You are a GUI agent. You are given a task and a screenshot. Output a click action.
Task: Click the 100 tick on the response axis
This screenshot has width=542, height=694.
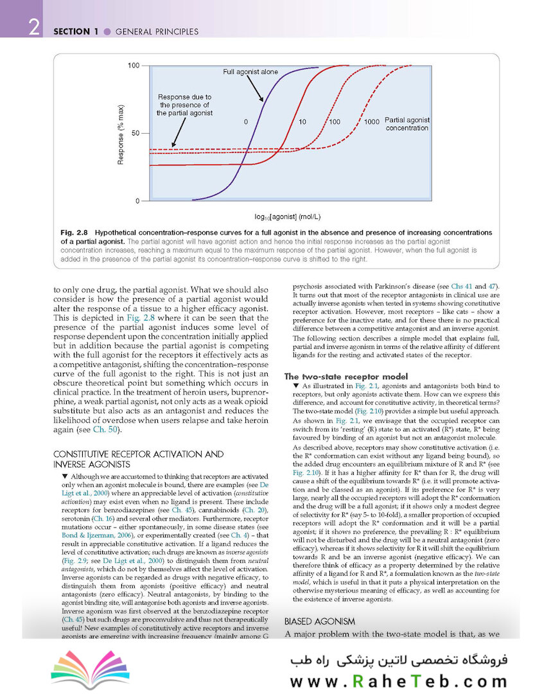coord(134,66)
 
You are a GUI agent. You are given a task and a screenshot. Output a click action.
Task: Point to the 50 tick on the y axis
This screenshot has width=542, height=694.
coord(135,133)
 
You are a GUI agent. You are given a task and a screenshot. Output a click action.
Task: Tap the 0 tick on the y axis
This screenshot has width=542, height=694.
coord(137,201)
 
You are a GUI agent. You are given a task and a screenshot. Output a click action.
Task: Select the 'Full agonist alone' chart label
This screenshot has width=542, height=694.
coord(250,72)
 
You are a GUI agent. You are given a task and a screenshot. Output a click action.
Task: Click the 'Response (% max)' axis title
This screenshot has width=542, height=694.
coord(120,134)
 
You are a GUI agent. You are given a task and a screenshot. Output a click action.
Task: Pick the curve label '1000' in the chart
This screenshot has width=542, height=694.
coord(371,121)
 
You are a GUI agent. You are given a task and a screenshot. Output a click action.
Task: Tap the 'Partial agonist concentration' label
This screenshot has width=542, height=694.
coord(407,124)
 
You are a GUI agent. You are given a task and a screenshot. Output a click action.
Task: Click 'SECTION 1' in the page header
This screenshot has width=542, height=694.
coord(76,31)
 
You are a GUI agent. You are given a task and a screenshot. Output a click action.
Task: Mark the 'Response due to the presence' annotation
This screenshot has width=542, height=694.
coord(184,105)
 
